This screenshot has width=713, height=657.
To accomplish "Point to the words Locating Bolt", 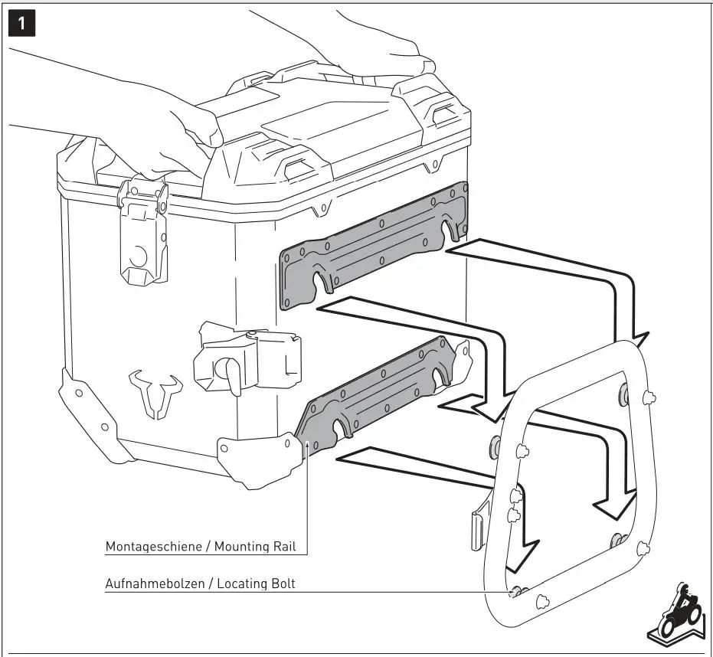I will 256,583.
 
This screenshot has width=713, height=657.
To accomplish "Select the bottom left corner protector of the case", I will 77,398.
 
